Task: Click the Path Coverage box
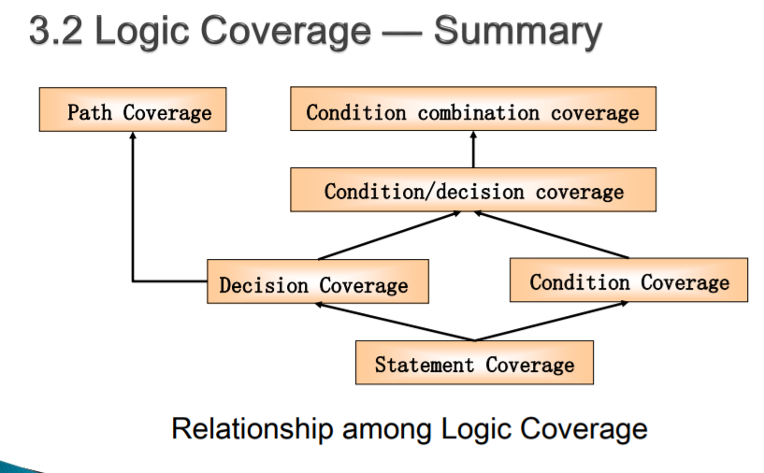[133, 109]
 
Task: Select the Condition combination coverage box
[473, 108]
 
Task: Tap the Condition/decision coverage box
[473, 190]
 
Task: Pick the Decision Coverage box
[318, 281]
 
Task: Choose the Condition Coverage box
[628, 280]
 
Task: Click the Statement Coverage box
[474, 363]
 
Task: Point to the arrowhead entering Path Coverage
[133, 135]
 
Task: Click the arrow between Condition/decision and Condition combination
[473, 150]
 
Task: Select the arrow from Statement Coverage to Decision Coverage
[395, 322]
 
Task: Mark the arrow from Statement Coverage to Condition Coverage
[552, 321]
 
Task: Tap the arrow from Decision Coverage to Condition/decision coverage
[389, 236]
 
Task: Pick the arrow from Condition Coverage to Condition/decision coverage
[552, 235]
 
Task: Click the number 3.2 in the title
[55, 31]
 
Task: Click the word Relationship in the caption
[252, 429]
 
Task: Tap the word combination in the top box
[479, 113]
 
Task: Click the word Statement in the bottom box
[425, 365]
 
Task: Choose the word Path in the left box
[90, 112]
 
